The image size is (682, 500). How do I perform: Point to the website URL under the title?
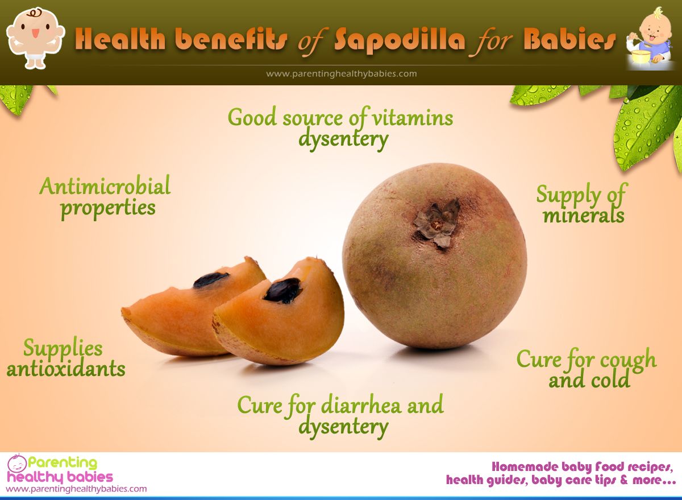341,73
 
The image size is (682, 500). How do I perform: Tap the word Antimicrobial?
105,186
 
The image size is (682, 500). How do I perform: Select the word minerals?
583,216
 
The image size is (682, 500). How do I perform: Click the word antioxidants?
66,369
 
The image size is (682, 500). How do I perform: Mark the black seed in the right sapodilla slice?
282,290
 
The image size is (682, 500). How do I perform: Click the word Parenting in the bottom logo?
63,463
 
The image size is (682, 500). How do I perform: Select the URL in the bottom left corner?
76,489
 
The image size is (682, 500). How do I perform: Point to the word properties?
108,208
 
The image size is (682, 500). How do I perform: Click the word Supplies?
63,348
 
